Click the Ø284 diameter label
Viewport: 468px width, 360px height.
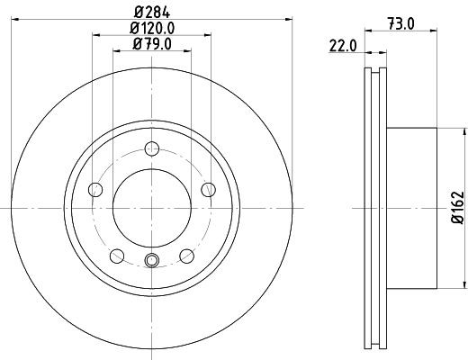point(151,12)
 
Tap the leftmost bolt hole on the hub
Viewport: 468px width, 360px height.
point(94,188)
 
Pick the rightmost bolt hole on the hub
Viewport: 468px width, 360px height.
point(209,188)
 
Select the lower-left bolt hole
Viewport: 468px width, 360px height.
point(116,256)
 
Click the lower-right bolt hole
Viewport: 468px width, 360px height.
point(186,256)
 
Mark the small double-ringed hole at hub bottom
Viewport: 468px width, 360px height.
point(151,261)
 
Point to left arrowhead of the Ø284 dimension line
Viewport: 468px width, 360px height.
point(16,21)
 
